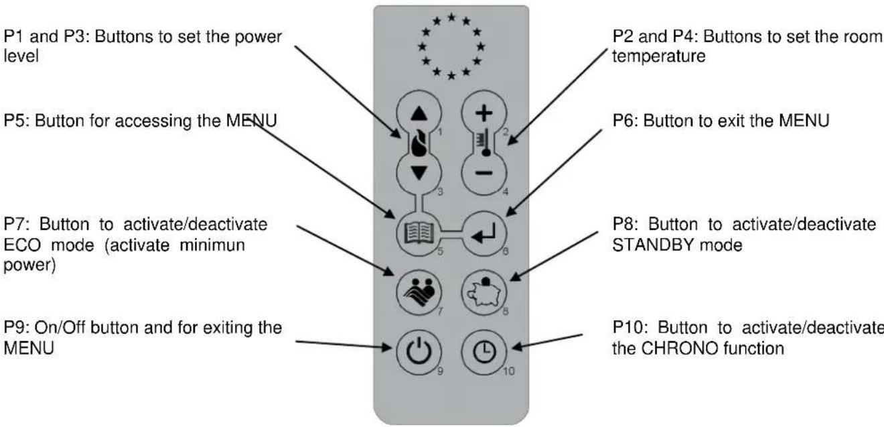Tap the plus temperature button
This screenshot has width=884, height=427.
(484, 113)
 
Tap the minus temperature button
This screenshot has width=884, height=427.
(484, 173)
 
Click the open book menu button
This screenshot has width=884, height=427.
(419, 233)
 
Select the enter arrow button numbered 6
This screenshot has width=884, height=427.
(484, 233)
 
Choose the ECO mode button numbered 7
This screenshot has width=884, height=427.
(419, 293)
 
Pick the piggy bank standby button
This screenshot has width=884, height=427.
(484, 293)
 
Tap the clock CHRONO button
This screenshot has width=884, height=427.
(484, 352)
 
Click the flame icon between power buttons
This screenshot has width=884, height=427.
(419, 143)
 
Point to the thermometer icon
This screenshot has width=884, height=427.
(484, 142)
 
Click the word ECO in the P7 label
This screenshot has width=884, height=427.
(22, 245)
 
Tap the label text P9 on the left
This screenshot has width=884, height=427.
(15, 328)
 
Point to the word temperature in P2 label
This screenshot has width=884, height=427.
(659, 56)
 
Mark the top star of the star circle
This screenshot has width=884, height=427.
(451, 17)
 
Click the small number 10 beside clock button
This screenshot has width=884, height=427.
(509, 371)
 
